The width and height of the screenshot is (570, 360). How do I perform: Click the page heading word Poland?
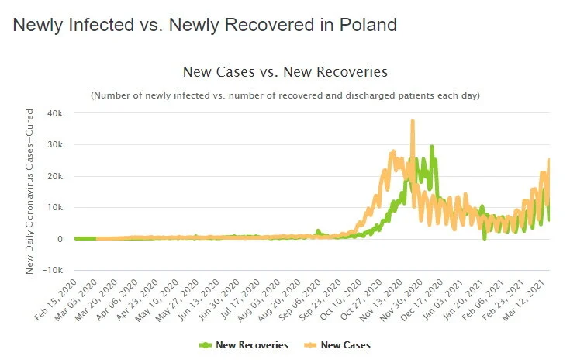368,25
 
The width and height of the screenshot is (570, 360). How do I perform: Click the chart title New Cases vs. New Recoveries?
285,72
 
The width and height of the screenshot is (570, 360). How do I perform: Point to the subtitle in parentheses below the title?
285,95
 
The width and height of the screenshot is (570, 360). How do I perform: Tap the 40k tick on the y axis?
54,113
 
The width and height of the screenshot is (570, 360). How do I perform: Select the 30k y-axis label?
54,145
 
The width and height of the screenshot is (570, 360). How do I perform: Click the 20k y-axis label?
54,176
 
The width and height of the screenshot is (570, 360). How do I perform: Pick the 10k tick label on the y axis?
54,207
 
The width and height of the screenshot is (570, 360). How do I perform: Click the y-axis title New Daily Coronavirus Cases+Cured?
30,191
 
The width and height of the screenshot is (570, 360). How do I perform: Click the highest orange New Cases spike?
413,121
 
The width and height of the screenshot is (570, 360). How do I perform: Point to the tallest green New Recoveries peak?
432,147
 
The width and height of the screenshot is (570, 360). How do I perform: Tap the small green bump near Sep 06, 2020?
317,231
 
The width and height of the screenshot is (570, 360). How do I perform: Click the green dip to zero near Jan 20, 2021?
485,237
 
